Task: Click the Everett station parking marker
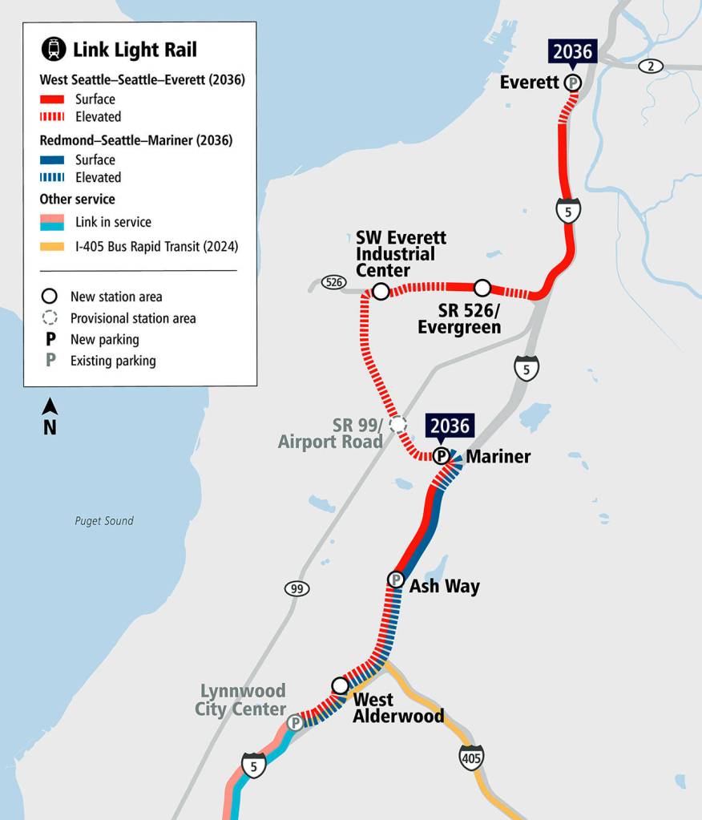pos(572,82)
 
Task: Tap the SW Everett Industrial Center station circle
pos(381,291)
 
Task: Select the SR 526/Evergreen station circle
pos(482,287)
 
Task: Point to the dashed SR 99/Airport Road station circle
pos(397,425)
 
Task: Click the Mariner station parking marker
pos(441,456)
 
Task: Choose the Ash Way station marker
pos(395,580)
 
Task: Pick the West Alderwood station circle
pos(340,686)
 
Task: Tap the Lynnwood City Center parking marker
pos(295,723)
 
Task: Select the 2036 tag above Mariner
pos(450,425)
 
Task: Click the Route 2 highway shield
pos(651,66)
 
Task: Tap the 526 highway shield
pos(333,282)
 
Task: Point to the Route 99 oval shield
pos(297,589)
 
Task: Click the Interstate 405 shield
pos(471,757)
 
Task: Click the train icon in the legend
pos(54,50)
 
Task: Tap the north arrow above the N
pos(50,406)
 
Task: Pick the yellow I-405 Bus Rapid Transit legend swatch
pos(55,247)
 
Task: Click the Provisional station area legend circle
pos(51,318)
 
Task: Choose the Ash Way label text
pos(444,586)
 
